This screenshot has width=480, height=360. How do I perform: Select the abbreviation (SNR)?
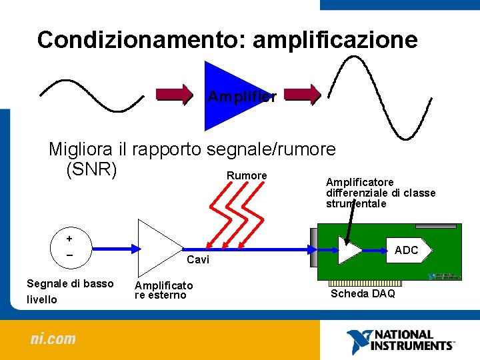click(91, 169)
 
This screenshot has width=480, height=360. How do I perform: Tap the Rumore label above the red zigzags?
click(247, 175)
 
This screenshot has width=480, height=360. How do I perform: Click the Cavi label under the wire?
click(198, 259)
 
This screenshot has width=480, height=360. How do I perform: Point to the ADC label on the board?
click(407, 250)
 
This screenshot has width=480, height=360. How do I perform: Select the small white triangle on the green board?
click(349, 250)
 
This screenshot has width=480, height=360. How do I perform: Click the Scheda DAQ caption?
click(363, 293)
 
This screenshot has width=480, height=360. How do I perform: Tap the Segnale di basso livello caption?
click(69, 291)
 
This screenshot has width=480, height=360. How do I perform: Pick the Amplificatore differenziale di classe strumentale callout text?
click(380, 193)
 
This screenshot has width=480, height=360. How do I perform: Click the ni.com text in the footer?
click(53, 339)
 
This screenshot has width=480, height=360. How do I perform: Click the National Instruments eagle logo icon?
click(357, 340)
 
